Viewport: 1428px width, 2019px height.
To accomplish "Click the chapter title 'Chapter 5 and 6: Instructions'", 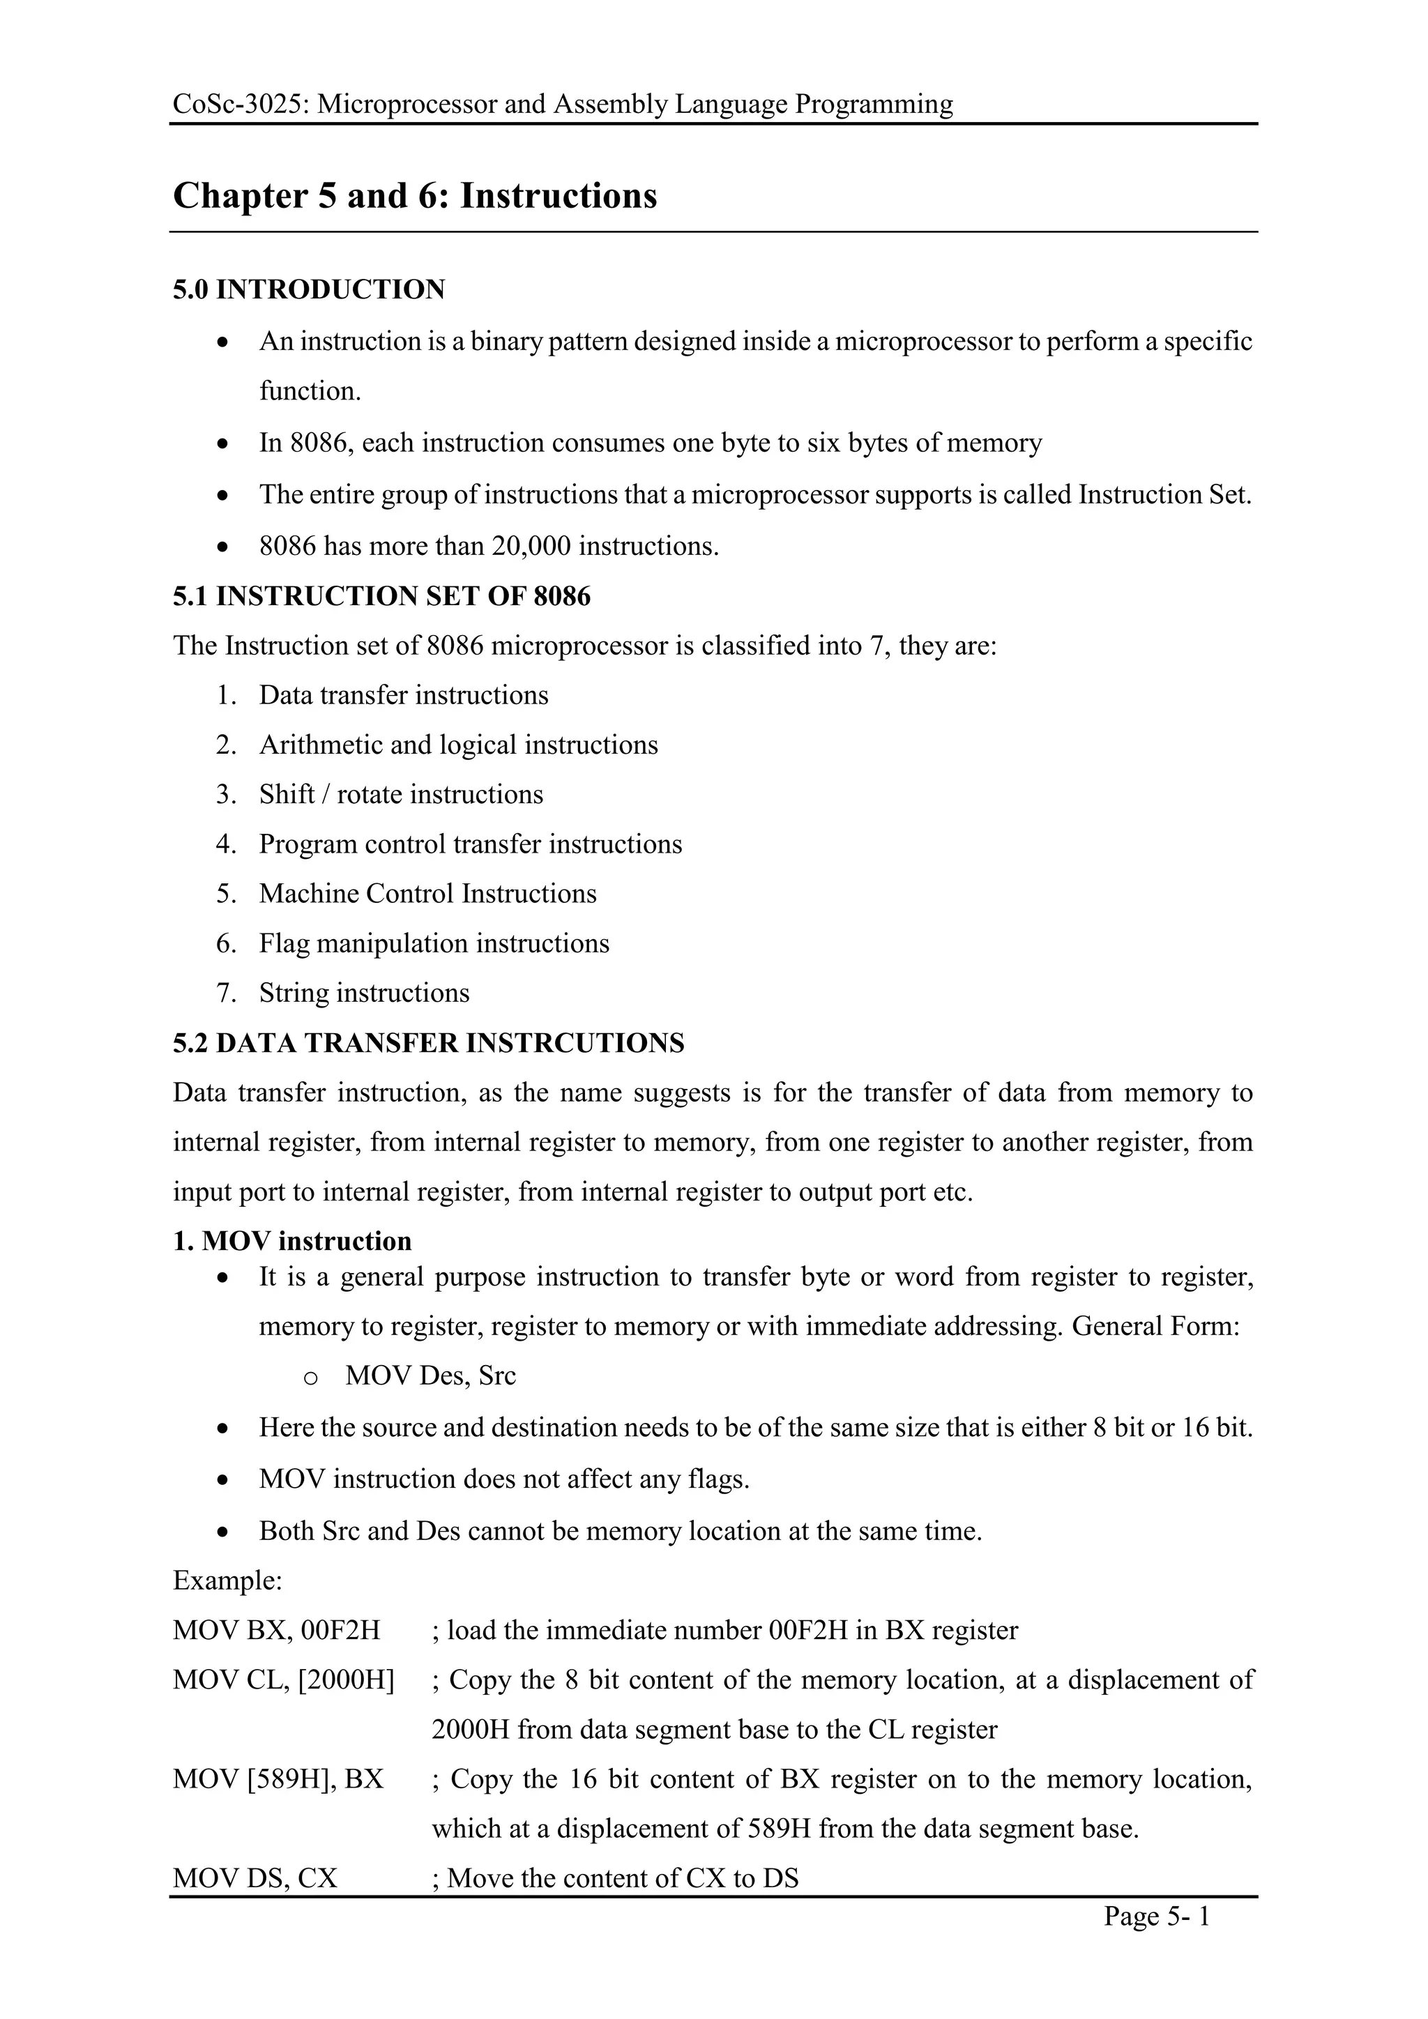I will click(x=415, y=195).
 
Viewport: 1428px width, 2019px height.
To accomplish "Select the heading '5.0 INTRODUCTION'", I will click(x=309, y=289).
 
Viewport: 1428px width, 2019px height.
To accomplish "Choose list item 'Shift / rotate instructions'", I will click(x=401, y=794).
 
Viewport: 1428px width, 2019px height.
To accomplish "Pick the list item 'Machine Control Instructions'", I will click(x=427, y=894).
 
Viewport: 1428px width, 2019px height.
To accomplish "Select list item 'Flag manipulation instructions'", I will click(x=434, y=943).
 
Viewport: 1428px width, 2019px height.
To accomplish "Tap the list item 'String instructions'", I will click(x=364, y=993).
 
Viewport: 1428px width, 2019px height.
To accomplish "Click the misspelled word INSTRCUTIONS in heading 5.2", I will click(x=575, y=1043).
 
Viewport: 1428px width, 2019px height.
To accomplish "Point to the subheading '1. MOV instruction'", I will click(x=292, y=1241).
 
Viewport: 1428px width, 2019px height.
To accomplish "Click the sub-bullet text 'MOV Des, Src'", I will click(x=430, y=1376).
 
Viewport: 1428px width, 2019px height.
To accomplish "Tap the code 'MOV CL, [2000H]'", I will click(x=283, y=1679).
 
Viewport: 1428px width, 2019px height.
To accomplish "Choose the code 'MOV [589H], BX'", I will click(x=278, y=1779).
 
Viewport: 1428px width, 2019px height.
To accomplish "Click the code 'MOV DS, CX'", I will click(x=255, y=1878).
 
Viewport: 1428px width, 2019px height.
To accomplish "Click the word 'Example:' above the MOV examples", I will click(x=227, y=1580).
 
